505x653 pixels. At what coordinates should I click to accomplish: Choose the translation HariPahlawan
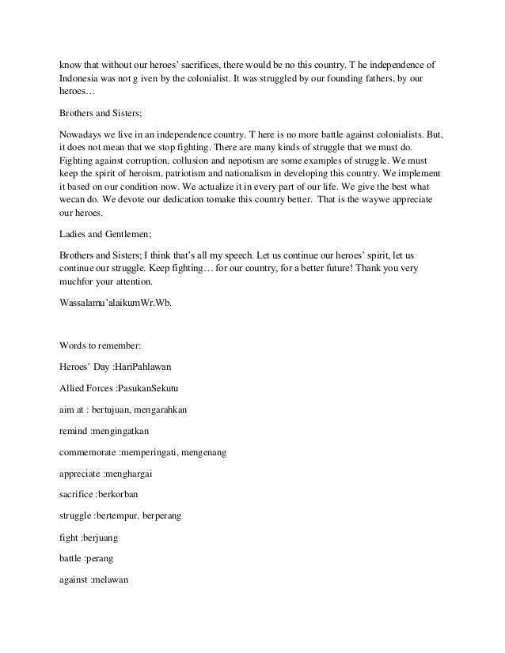pos(156,368)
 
